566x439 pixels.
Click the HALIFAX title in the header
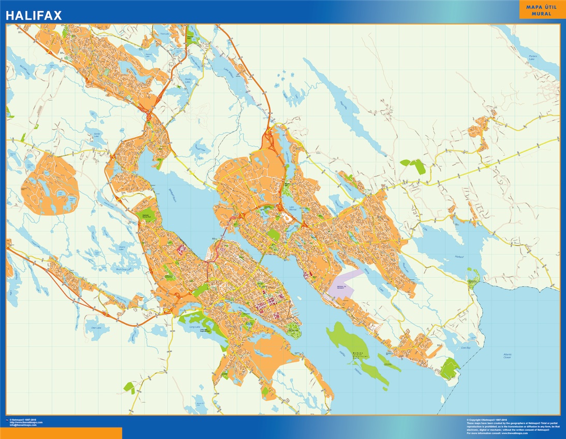[34, 15]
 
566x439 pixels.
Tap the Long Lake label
[195, 326]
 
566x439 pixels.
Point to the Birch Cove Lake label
[122, 269]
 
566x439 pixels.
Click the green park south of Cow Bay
[450, 369]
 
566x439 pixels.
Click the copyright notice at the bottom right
[512, 426]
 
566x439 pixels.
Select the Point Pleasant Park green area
[293, 328]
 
